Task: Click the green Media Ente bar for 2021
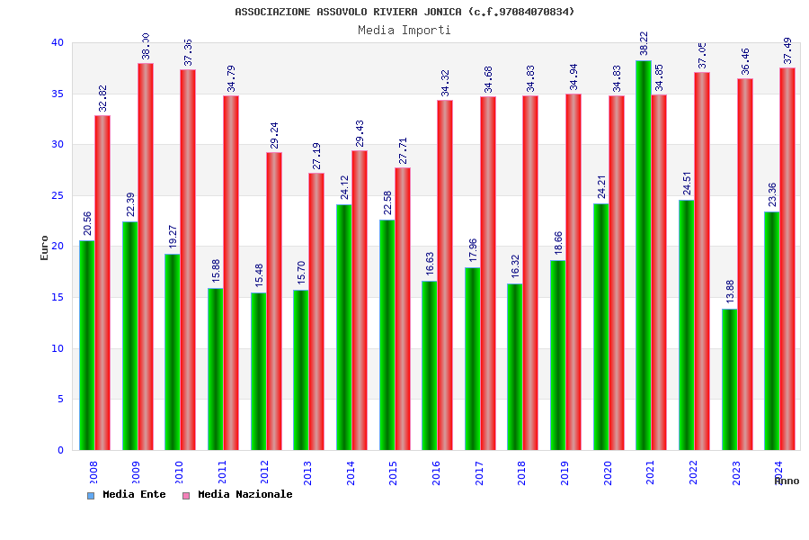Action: click(643, 256)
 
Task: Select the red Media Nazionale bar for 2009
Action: click(146, 256)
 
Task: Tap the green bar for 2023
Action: click(729, 379)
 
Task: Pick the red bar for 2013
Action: click(316, 311)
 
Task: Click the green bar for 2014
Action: click(344, 327)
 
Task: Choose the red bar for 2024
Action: click(787, 259)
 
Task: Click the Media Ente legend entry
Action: click(127, 495)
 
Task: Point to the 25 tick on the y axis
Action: click(58, 195)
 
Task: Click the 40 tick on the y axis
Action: click(58, 42)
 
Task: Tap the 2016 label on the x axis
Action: click(437, 472)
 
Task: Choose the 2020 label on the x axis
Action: click(608, 472)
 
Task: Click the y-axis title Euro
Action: click(45, 247)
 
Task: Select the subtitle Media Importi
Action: click(404, 30)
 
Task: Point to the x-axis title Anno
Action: click(787, 481)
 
